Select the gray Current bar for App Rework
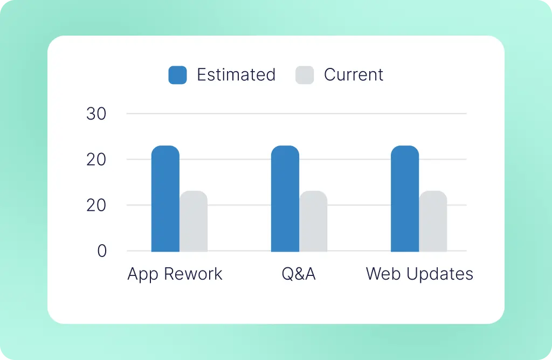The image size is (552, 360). (194, 221)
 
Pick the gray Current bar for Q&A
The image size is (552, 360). (313, 221)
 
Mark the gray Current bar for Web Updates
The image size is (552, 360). (433, 221)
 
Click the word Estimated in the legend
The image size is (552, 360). (236, 75)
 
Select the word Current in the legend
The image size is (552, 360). (354, 75)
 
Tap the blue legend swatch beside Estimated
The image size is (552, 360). (177, 75)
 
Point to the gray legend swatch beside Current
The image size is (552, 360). (305, 75)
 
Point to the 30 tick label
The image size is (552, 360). (96, 114)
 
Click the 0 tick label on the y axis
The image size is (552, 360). (102, 251)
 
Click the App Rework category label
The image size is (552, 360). (175, 274)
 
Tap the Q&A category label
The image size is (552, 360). (299, 274)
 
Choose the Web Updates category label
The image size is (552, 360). (419, 274)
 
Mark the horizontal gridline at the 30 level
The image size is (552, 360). (296, 114)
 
